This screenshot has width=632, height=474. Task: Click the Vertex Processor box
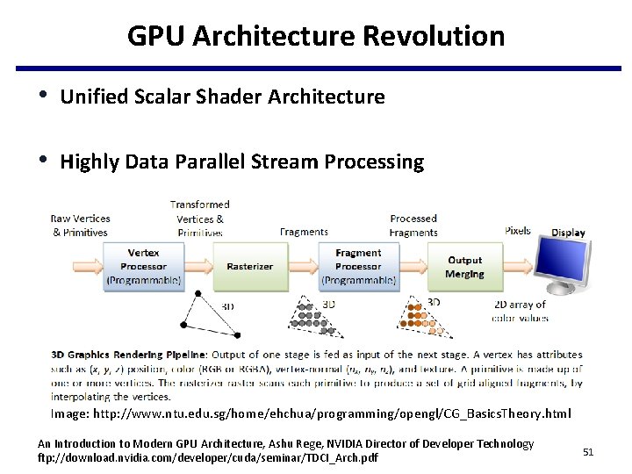pos(143,266)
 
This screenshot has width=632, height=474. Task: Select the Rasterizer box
pos(249,266)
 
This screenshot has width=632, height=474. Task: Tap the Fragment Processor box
pos(358,266)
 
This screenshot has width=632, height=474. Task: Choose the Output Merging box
pos(464,267)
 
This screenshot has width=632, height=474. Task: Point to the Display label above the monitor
pos(568,233)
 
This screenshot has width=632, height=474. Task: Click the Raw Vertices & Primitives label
pos(80,226)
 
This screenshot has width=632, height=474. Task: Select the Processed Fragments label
pos(413,226)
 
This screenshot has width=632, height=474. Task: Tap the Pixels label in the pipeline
pos(518,231)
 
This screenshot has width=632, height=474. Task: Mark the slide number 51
pos(588,451)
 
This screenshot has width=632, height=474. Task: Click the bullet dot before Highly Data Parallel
pos(43,161)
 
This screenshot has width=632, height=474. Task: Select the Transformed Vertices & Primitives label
pos(200,219)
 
